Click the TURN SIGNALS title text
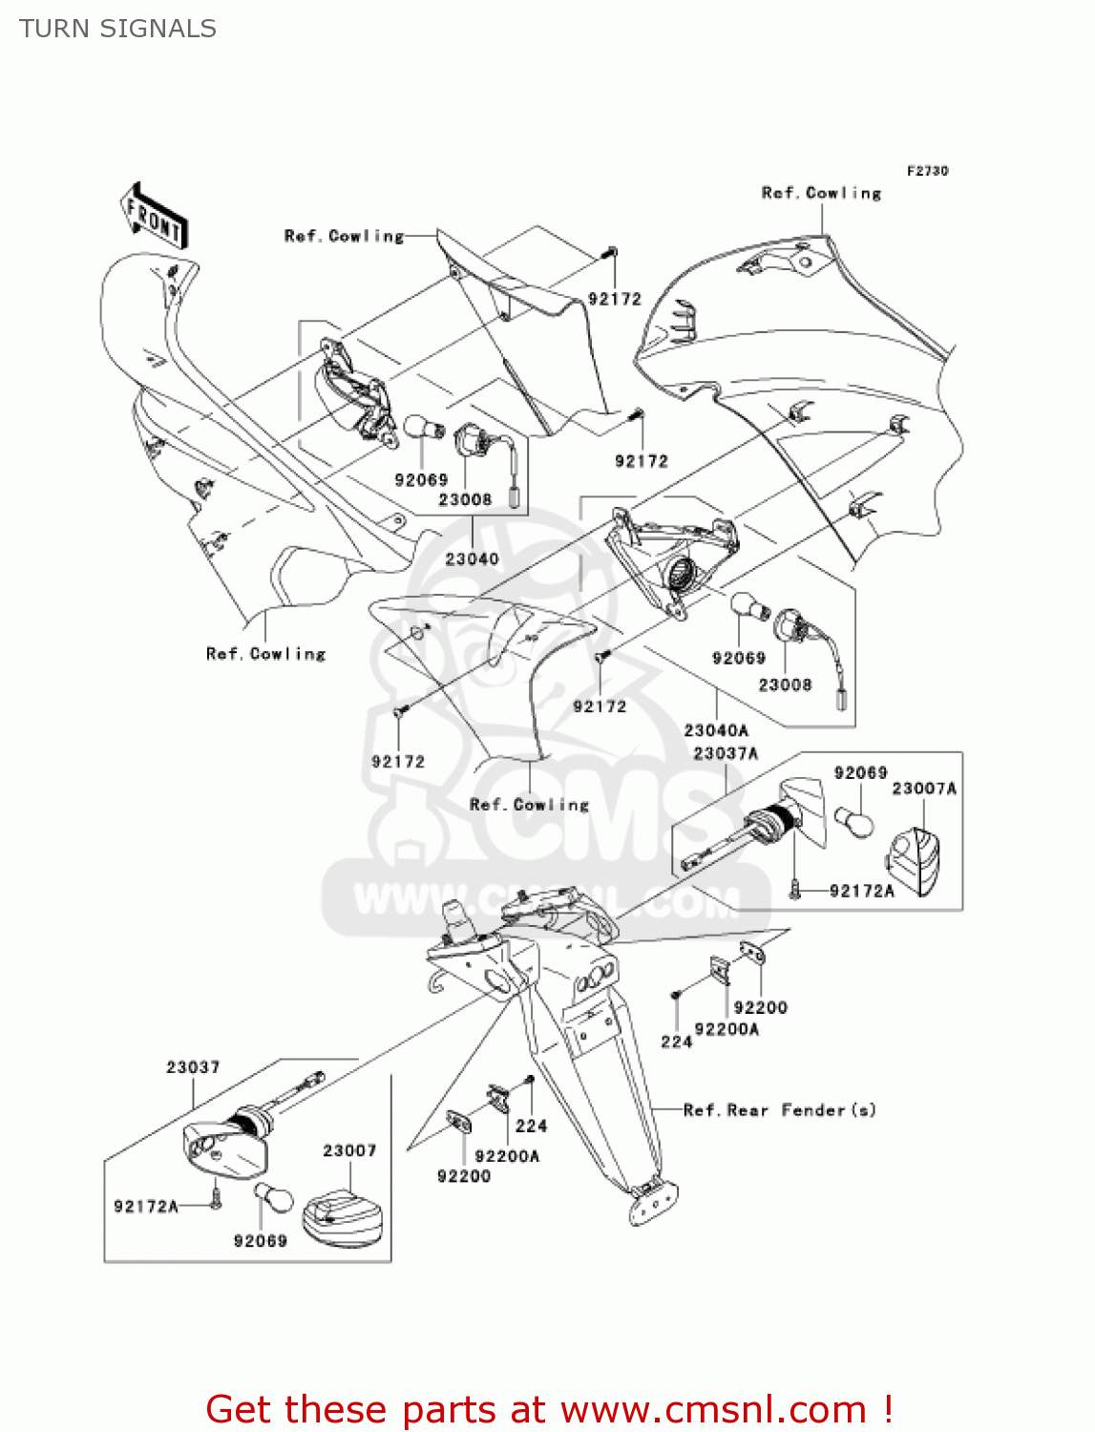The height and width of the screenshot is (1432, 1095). coord(117,29)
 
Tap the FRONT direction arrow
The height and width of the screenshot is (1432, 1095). coord(154,217)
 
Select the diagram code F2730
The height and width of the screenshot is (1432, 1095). coord(927,171)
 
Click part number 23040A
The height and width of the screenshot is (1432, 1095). coord(716,730)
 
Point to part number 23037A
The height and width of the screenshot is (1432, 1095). coord(726,753)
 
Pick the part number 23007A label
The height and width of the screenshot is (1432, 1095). coord(923,789)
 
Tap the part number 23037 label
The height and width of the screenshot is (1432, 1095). coord(193,1067)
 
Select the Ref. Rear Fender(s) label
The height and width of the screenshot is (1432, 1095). coord(779,1110)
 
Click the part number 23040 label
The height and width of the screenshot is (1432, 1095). coord(472,558)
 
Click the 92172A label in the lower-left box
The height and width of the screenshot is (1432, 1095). coord(146,1207)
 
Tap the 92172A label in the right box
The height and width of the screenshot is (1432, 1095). coord(861,891)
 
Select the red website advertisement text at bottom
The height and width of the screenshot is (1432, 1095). coord(549,1409)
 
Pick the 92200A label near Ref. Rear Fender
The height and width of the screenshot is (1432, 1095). coord(507,1156)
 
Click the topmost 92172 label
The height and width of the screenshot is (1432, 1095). coord(614,299)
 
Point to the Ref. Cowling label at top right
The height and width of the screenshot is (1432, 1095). coord(821,193)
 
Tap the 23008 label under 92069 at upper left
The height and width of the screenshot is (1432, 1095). coord(465,499)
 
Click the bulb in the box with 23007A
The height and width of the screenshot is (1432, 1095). coord(853,822)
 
